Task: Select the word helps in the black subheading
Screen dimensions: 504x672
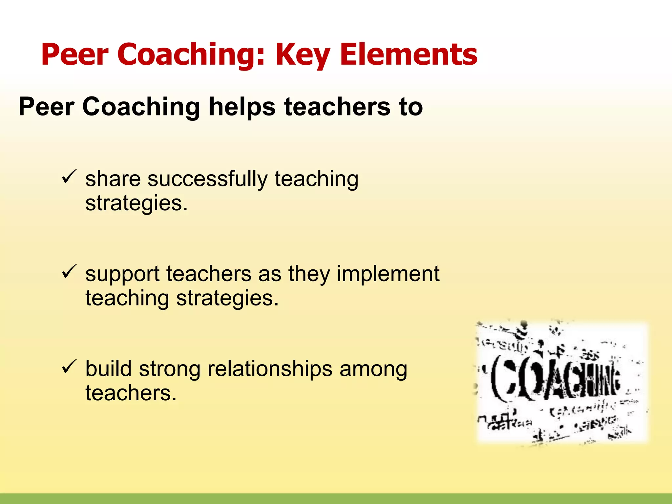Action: coord(242,107)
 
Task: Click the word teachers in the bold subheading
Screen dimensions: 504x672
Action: coord(337,107)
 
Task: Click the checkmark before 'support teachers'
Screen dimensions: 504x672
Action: coord(69,272)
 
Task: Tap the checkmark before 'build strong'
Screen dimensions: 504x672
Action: coord(69,367)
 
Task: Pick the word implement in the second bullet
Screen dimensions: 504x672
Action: coord(388,274)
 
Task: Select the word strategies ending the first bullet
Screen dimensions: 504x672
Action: coord(136,203)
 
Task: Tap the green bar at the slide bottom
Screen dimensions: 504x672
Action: coord(336,498)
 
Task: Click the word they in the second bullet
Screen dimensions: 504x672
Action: coord(309,274)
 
